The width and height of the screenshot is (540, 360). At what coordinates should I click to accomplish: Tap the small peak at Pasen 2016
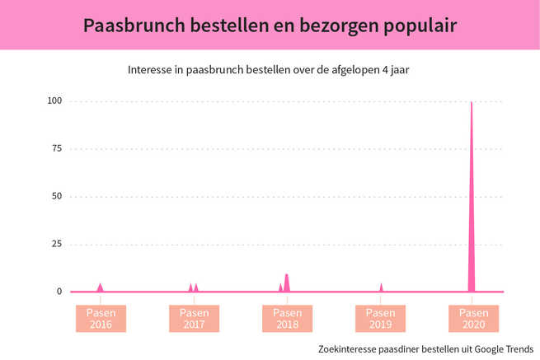coord(101,288)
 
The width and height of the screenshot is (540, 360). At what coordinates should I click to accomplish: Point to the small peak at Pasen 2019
coord(381,288)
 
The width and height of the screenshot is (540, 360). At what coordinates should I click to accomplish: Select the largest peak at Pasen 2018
coord(287,283)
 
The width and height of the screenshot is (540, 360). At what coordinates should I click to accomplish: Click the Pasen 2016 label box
coord(101,319)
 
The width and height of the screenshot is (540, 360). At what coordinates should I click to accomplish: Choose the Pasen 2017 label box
coord(195,319)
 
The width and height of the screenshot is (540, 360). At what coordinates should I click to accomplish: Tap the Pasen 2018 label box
coord(288,319)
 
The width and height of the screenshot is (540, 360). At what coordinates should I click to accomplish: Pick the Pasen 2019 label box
coord(380,319)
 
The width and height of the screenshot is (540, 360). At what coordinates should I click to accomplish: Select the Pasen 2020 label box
coord(473,319)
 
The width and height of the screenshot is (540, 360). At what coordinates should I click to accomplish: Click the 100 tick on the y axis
coord(55,101)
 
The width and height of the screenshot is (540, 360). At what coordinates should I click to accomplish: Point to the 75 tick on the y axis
coord(57,149)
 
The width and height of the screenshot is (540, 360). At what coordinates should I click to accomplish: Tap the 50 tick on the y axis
coord(57,197)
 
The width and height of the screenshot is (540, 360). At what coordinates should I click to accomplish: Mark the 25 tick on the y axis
coord(57,245)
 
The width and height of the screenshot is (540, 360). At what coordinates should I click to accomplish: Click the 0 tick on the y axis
coord(59,292)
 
